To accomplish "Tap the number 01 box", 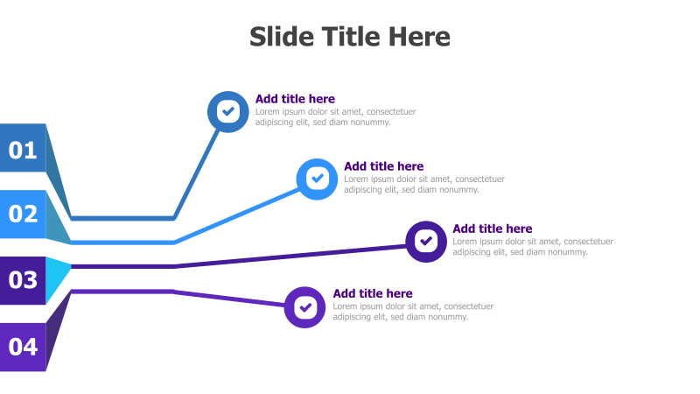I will pyautogui.click(x=23, y=150).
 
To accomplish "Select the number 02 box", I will pyautogui.click(x=23, y=214).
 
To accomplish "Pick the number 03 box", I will pyautogui.click(x=23, y=280).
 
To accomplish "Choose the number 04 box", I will pyautogui.click(x=23, y=347).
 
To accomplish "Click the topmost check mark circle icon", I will pyautogui.click(x=227, y=111).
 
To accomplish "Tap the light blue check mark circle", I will pyautogui.click(x=317, y=179).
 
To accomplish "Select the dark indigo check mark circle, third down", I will pyautogui.click(x=426, y=241).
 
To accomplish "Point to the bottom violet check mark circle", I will pyautogui.click(x=304, y=306).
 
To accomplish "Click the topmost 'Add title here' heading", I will pyautogui.click(x=295, y=99).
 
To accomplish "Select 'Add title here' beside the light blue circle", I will pyautogui.click(x=383, y=166).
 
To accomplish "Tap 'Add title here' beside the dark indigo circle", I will pyautogui.click(x=492, y=229).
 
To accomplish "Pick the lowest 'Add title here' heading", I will pyautogui.click(x=373, y=293).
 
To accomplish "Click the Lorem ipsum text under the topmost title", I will pyautogui.click(x=335, y=116).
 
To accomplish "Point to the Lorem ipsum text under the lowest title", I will pyautogui.click(x=413, y=312).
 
